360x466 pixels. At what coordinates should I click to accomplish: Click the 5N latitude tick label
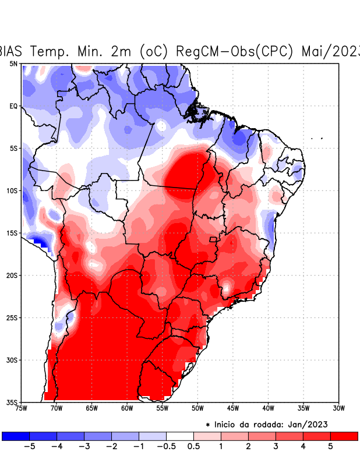click(x=13, y=63)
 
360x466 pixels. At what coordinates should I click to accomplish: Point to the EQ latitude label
click(x=13, y=106)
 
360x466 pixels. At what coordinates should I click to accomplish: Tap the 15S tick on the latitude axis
click(x=12, y=233)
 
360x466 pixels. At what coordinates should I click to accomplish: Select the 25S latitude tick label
click(x=12, y=317)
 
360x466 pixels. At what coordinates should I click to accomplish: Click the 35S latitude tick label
click(x=12, y=402)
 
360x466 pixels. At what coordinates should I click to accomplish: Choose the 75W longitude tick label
click(x=20, y=408)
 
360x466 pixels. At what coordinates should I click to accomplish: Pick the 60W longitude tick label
click(x=126, y=408)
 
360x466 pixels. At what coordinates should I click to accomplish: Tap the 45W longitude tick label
click(x=232, y=408)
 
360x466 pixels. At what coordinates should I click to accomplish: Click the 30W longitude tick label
click(x=338, y=408)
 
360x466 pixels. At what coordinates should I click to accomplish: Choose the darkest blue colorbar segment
click(x=15, y=436)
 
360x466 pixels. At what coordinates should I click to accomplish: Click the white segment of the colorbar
click(x=180, y=436)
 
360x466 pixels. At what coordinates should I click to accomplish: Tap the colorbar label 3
click(x=276, y=447)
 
